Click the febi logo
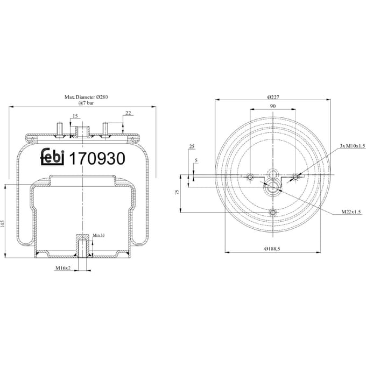pos(52,157)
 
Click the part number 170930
pos(97,158)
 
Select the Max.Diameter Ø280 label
pos(86,97)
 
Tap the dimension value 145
pos(2,223)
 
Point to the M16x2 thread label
pos(63,268)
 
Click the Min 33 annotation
pos(98,235)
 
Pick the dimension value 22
pos(128,113)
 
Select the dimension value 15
pos(75,116)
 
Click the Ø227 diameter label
pos(273,97)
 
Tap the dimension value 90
pos(273,106)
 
